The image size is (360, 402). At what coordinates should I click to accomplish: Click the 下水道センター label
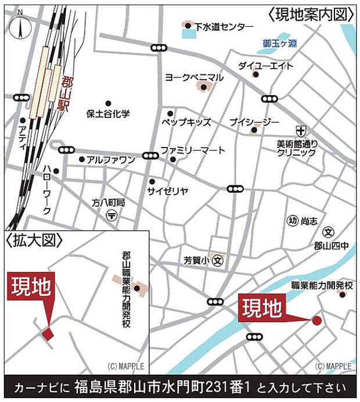(x=224, y=27)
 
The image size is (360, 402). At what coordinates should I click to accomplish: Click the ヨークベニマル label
(x=194, y=77)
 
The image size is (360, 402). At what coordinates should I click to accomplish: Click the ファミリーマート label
(x=193, y=150)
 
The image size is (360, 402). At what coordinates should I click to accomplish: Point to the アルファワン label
(x=111, y=159)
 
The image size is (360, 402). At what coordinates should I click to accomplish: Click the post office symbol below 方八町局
(x=111, y=215)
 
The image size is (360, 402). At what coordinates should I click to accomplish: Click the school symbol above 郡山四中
(x=329, y=232)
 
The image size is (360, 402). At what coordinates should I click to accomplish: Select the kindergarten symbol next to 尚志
(x=292, y=220)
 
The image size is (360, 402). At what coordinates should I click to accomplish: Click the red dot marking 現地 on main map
(x=316, y=320)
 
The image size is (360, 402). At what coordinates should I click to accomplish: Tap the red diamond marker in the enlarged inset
(x=46, y=333)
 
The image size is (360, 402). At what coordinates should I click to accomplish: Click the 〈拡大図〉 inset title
(x=33, y=239)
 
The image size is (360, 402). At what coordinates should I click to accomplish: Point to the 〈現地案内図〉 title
(x=311, y=13)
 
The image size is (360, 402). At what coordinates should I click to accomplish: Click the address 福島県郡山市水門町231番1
(x=165, y=387)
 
